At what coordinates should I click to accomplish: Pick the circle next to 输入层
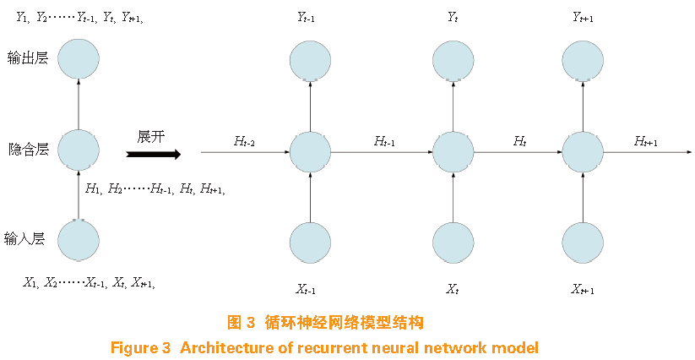78,240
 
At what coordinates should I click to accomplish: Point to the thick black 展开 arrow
153,154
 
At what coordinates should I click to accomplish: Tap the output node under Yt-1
310,61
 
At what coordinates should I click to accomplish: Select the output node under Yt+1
582,61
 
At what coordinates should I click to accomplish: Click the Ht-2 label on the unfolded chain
243,141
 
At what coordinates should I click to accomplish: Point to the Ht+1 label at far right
645,141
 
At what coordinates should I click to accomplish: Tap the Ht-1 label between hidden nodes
383,141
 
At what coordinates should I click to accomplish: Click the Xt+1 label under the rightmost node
582,290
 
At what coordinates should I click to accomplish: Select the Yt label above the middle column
453,17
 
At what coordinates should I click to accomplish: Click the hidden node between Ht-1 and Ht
453,152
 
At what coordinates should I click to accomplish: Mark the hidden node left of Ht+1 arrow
582,152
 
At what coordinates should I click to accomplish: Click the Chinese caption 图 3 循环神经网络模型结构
325,322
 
